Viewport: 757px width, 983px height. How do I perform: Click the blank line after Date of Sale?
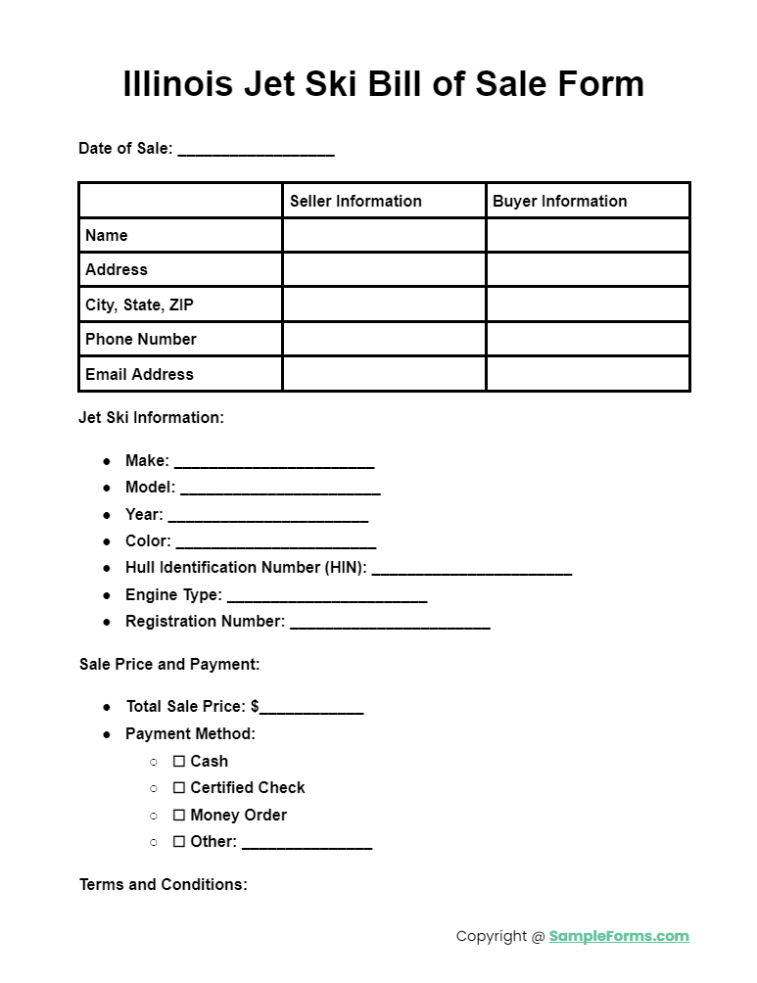(256, 151)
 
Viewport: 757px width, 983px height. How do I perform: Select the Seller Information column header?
(355, 201)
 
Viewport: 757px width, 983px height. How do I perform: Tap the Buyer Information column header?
(559, 201)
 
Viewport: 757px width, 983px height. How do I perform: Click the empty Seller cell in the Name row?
(384, 235)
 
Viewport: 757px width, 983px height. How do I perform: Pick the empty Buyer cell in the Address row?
(588, 269)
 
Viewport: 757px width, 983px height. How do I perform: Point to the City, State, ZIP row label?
(139, 304)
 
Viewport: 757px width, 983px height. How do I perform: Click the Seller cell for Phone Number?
(384, 339)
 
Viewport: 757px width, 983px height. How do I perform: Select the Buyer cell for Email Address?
(588, 374)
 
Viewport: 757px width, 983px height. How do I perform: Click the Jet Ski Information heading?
(151, 417)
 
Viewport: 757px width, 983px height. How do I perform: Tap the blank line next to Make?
(274, 462)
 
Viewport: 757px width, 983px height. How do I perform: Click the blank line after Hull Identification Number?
(471, 569)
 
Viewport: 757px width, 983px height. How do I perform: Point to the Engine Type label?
(173, 594)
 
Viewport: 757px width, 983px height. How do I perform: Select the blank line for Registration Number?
(390, 623)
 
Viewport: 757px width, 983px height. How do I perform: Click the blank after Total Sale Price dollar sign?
(311, 708)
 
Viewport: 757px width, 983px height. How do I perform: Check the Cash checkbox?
(179, 761)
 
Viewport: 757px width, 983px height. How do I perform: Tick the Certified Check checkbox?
(179, 787)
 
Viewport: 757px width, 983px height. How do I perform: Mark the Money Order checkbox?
(179, 815)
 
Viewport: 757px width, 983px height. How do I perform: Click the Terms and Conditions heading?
(163, 884)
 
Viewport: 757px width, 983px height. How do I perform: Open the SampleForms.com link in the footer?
(619, 936)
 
